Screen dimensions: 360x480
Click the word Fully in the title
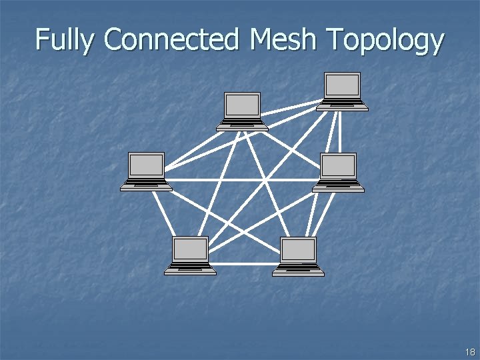click(x=66, y=40)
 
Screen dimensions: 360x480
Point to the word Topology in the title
click(x=385, y=41)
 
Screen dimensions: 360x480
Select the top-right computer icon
click(x=342, y=91)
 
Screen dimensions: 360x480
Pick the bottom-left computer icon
click(x=191, y=255)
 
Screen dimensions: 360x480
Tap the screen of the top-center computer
click(x=242, y=105)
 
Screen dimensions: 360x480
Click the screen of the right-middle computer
click(x=339, y=166)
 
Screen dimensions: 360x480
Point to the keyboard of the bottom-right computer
click(x=298, y=269)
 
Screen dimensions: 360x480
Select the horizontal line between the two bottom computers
click(x=244, y=263)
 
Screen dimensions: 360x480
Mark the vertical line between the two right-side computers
click(x=340, y=132)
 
